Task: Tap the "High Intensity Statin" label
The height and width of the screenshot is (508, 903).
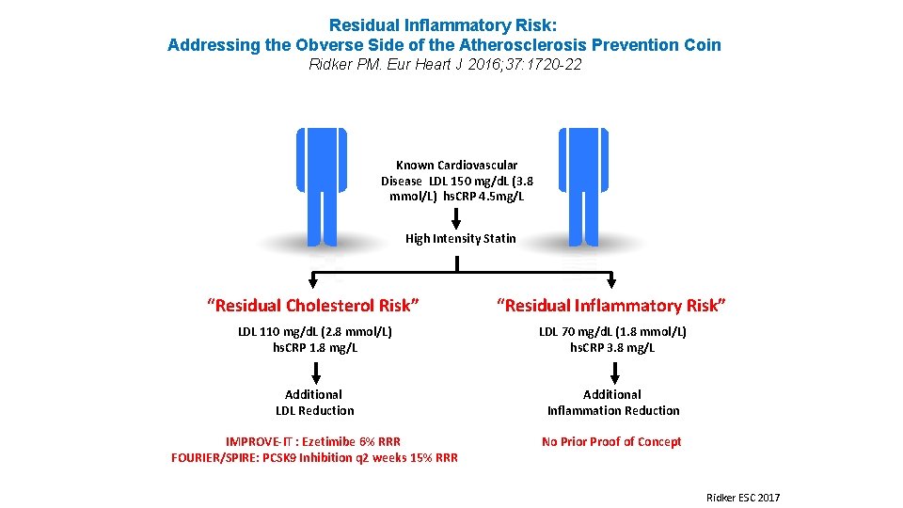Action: click(460, 239)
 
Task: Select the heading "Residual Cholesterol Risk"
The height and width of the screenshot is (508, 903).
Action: click(313, 305)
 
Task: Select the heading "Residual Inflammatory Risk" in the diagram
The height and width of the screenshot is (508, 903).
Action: click(611, 305)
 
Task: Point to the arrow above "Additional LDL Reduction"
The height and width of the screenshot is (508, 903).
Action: click(314, 371)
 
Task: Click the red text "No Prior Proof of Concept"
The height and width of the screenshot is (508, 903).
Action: click(611, 442)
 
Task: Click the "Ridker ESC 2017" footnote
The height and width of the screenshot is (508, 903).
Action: click(743, 497)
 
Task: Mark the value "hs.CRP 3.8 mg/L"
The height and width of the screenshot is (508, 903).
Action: click(612, 348)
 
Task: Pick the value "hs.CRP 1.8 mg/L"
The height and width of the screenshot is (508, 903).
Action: click(314, 348)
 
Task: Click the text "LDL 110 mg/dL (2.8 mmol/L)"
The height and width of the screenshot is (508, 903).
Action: click(314, 332)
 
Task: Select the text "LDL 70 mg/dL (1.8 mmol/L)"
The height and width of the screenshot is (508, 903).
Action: click(612, 332)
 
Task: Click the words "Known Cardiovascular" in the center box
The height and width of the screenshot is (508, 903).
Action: click(456, 166)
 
